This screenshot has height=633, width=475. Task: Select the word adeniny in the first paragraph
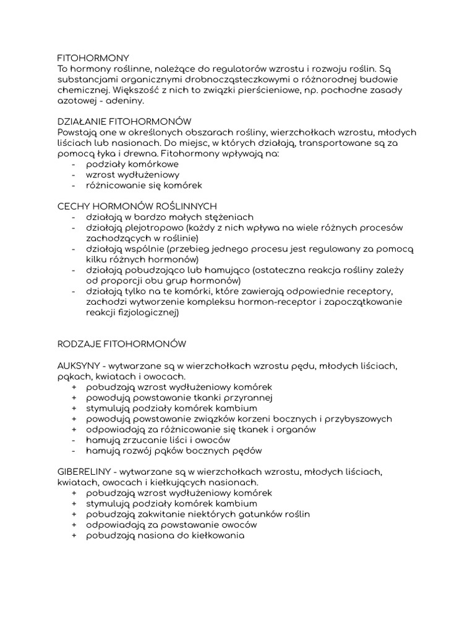pyautogui.click(x=126, y=100)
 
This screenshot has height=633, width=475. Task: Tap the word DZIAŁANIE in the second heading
pyautogui.click(x=82, y=122)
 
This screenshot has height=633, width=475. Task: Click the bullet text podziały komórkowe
pyautogui.click(x=133, y=164)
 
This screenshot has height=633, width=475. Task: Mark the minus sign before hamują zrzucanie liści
pyautogui.click(x=74, y=440)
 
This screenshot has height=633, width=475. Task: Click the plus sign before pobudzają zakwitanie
pyautogui.click(x=74, y=514)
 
